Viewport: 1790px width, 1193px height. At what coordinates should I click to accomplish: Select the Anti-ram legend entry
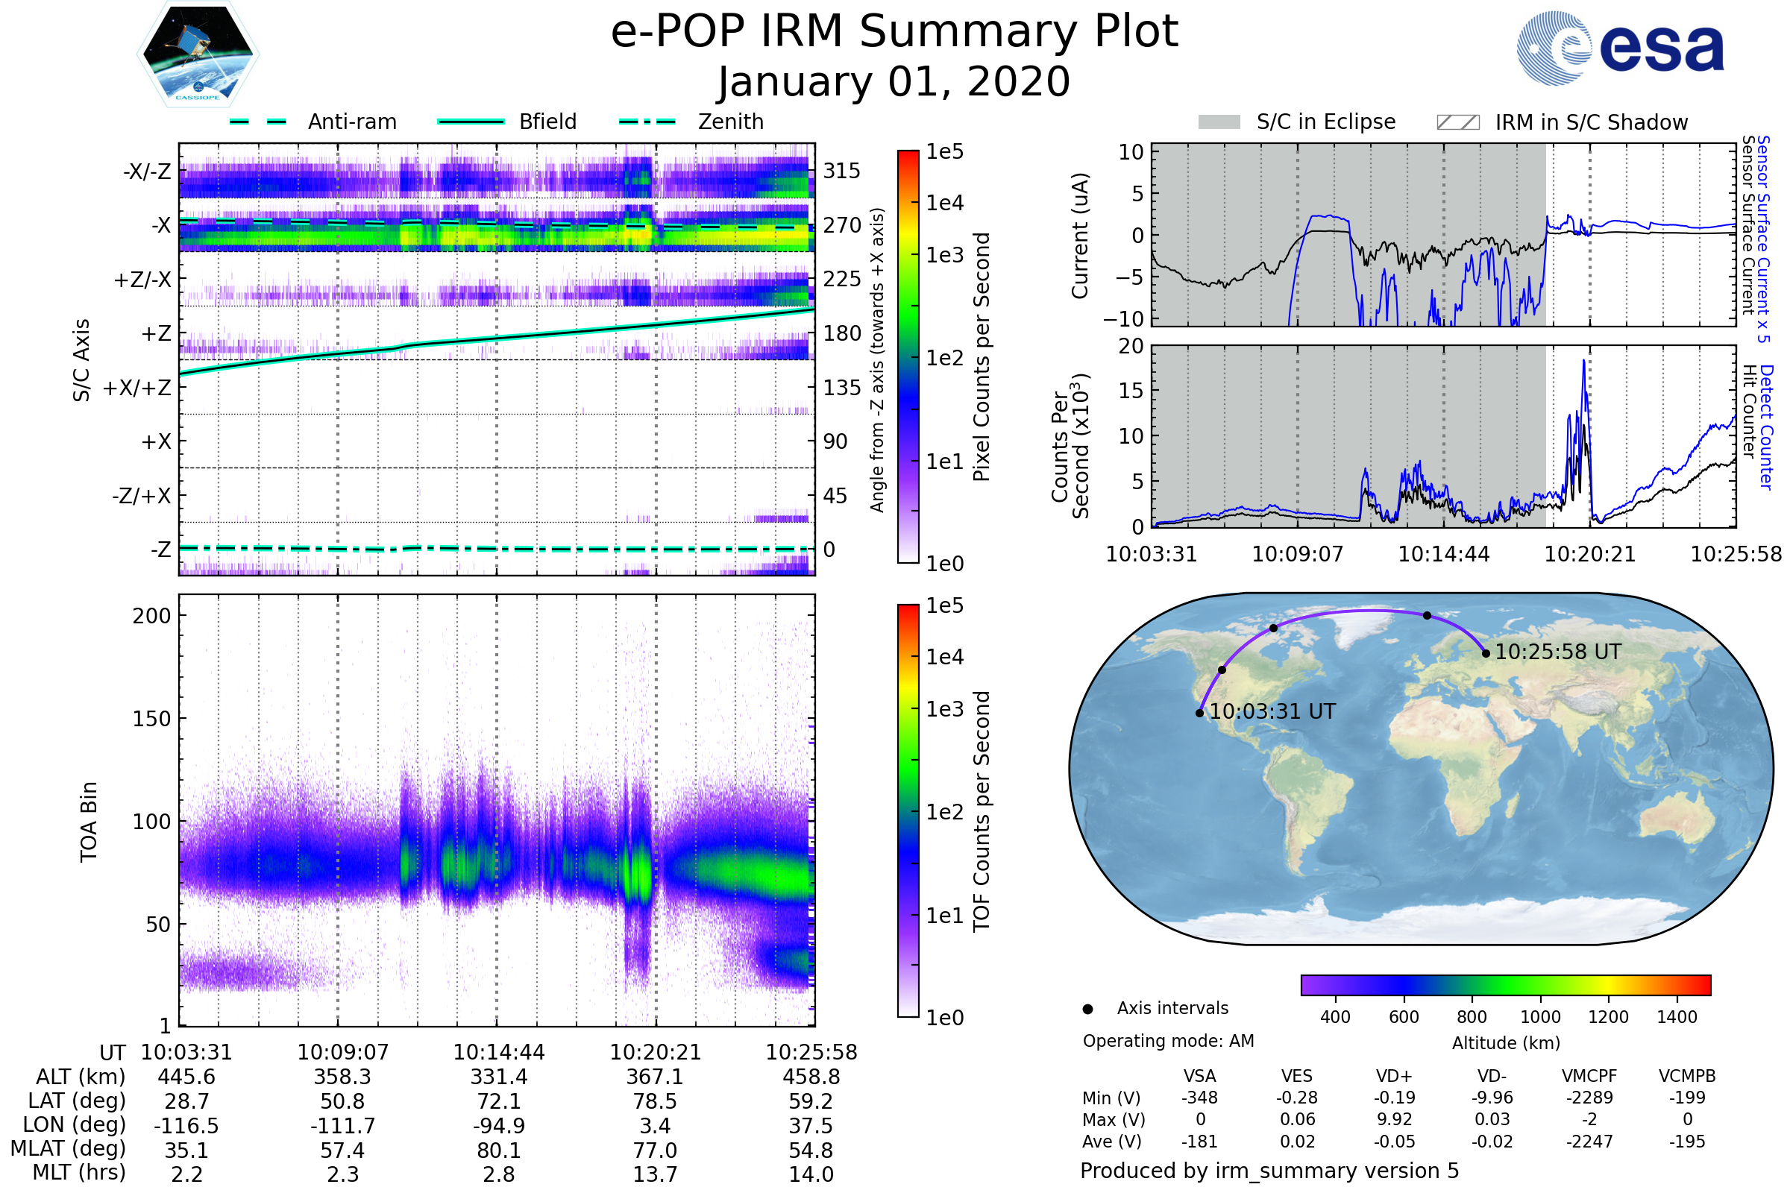(x=351, y=122)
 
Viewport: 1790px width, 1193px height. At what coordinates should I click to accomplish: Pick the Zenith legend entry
(x=731, y=122)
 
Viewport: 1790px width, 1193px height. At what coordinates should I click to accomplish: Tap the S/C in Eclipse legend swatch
(x=1219, y=122)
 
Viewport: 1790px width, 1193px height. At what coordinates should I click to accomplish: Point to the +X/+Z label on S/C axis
(x=137, y=388)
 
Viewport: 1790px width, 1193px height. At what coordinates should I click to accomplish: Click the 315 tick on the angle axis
(x=842, y=171)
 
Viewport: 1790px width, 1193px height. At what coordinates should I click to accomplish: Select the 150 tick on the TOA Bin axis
(x=151, y=719)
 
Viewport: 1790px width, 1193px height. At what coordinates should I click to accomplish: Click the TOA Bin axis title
(x=89, y=821)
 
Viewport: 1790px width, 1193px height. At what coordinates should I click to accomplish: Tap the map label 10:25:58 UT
(x=1558, y=652)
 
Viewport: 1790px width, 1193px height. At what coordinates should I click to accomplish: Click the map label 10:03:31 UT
(x=1272, y=712)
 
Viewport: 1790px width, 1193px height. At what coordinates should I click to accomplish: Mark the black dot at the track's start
(x=1200, y=713)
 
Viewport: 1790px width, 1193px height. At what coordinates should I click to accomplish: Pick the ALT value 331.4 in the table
(x=498, y=1077)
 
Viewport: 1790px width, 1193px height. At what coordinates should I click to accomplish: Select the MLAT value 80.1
(x=498, y=1150)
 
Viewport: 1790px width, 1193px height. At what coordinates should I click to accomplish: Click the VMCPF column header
(x=1589, y=1077)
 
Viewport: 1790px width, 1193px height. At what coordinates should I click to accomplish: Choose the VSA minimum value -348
(x=1199, y=1098)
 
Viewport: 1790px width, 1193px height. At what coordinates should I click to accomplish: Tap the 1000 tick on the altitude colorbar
(x=1540, y=1017)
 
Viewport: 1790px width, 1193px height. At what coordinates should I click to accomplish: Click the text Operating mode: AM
(x=1168, y=1041)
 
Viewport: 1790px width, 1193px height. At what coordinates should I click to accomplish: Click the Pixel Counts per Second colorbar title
(x=982, y=357)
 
